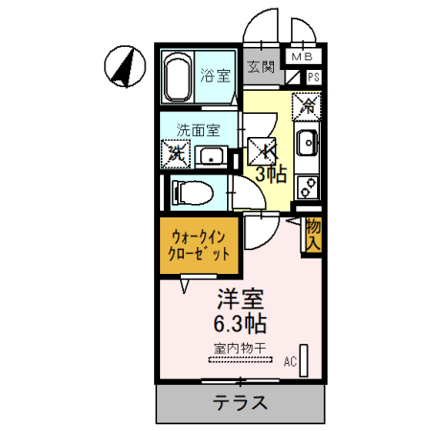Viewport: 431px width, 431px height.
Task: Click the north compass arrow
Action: coord(123,65)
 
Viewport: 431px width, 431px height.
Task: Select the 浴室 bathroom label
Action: coord(214,74)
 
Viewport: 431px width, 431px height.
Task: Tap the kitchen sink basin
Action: coord(307,145)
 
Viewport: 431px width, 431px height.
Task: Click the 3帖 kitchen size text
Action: coord(270,173)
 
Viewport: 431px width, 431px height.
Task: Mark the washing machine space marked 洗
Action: coord(175,151)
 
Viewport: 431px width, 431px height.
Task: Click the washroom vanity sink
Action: coord(211,155)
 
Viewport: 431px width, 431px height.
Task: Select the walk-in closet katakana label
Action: coord(201,246)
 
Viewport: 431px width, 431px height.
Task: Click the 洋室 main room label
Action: coord(240,298)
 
